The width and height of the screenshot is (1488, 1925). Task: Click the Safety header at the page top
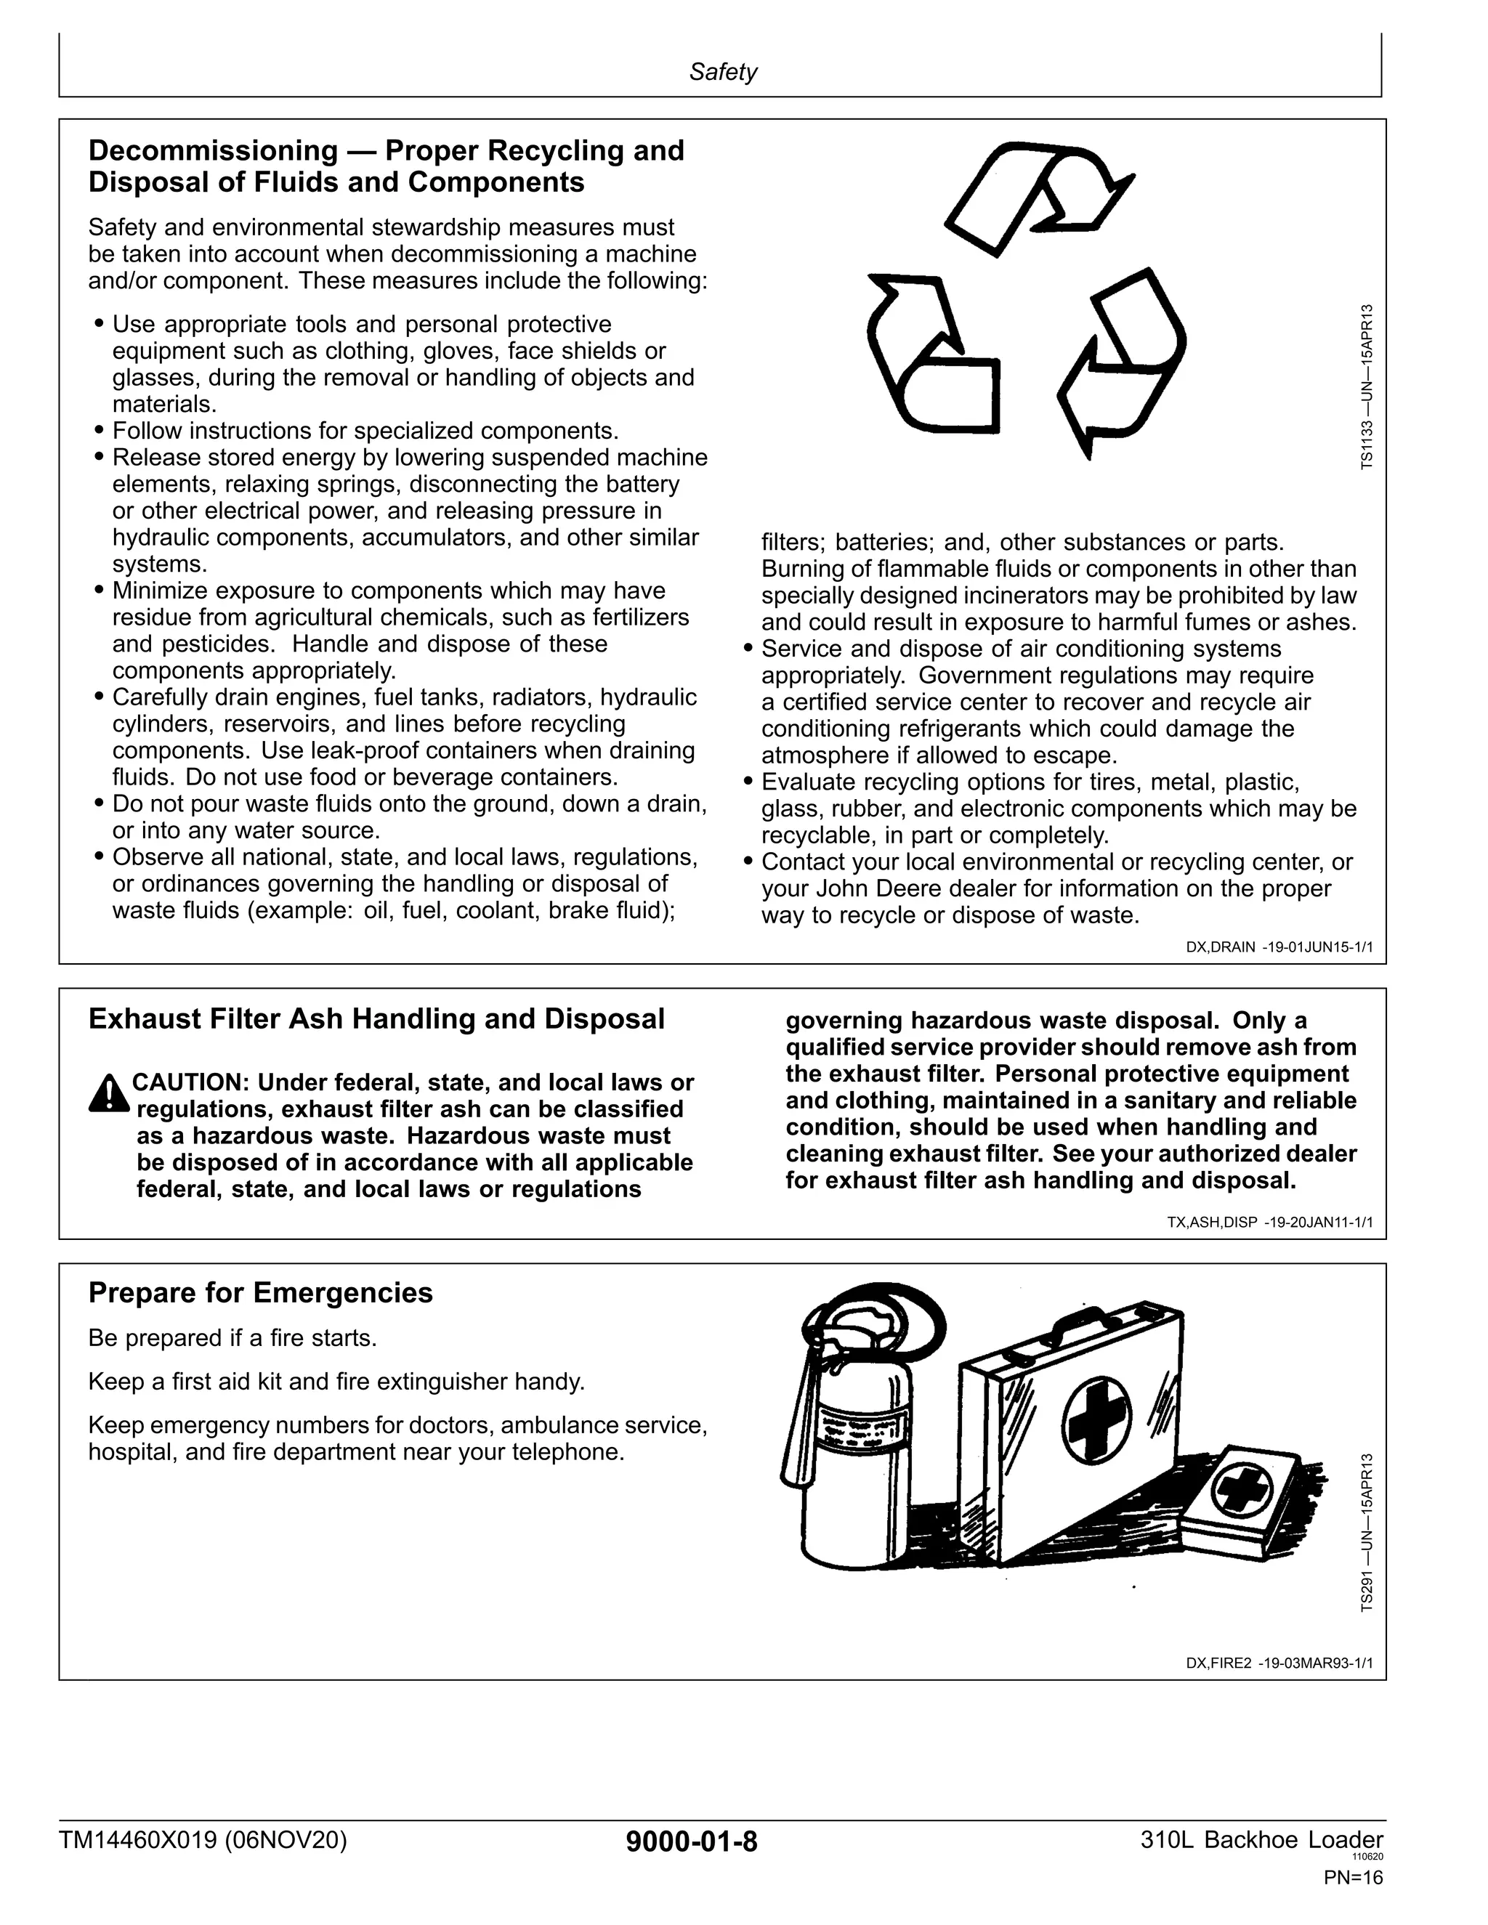pos(722,72)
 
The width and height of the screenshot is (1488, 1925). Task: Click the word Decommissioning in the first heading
pos(212,150)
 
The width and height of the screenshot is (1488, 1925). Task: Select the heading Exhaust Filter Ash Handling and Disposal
pos(376,1019)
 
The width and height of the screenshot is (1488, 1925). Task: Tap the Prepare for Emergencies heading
pos(260,1293)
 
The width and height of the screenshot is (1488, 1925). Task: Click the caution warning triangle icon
pos(108,1094)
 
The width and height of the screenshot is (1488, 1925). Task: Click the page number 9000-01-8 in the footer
pos(691,1842)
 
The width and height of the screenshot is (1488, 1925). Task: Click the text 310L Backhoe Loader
pos(1261,1841)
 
